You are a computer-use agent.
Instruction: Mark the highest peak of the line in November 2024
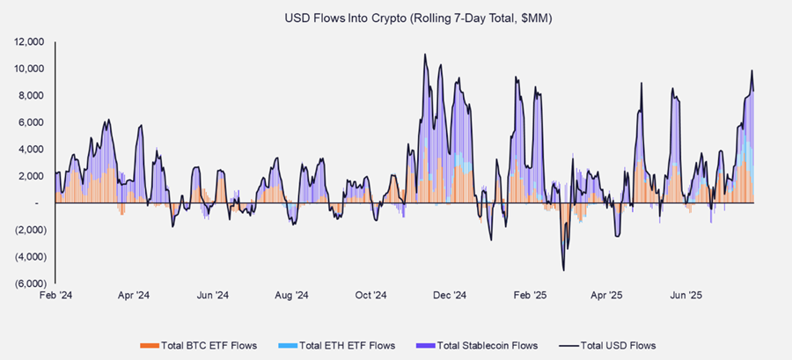(425, 55)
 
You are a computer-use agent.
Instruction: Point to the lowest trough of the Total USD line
(563, 270)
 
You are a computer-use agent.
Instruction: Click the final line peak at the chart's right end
(752, 70)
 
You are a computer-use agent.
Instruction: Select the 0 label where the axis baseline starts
(38, 203)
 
